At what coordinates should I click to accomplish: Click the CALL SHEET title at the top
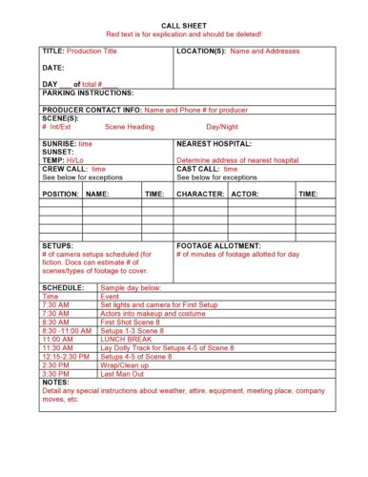pos(184,23)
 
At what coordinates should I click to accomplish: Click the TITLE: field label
pos(53,51)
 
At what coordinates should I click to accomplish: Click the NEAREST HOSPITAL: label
pos(214,143)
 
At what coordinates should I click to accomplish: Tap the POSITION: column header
pos(61,194)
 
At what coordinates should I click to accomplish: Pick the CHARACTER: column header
pos(201,194)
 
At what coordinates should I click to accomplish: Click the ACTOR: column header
pos(245,194)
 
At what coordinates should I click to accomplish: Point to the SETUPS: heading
pos(57,246)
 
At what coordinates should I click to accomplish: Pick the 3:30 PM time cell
pos(55,373)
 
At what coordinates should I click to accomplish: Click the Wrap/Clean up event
pos(126,364)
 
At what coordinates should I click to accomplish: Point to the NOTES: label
pos(55,382)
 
